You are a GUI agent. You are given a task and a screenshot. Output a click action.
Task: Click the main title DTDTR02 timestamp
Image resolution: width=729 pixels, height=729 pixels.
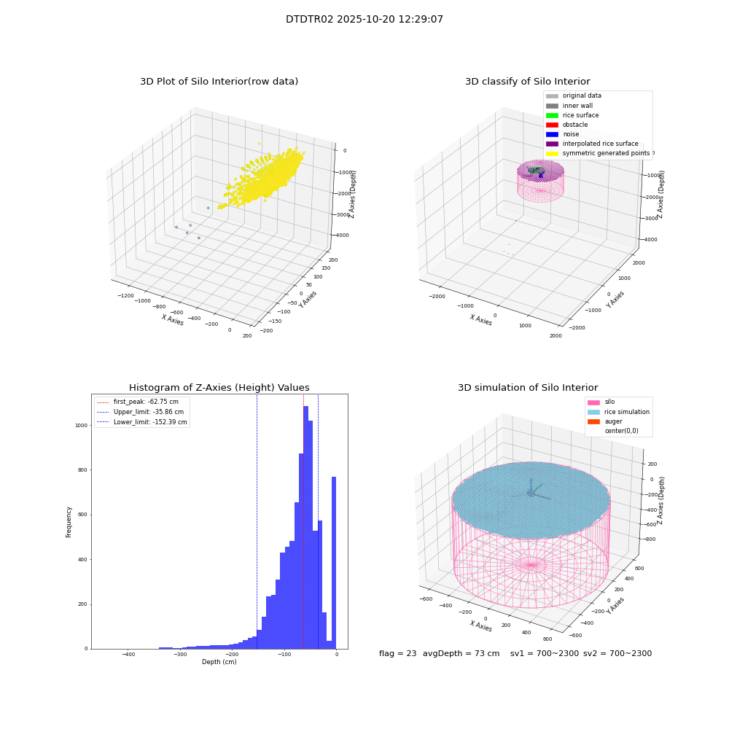364,19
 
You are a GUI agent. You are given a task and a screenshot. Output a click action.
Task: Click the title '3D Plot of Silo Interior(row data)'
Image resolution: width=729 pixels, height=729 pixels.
219,82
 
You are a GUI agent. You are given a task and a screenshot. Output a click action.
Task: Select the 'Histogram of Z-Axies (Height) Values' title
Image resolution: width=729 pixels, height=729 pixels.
219,387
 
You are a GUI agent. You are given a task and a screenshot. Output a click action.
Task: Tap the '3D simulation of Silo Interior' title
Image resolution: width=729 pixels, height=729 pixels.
528,387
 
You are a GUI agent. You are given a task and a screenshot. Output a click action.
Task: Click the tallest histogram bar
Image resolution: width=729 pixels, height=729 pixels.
305,527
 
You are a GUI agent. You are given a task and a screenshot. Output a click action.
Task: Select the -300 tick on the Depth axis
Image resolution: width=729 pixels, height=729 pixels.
180,654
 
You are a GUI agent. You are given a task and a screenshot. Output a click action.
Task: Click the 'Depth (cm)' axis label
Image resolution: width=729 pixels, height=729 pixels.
219,662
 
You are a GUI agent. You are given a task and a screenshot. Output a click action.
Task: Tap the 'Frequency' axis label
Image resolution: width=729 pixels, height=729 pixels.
69,522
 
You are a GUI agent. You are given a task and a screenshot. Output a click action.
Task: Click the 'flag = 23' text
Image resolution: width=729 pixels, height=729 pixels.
397,653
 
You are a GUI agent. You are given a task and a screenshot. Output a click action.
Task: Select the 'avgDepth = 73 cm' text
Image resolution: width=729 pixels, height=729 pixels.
461,653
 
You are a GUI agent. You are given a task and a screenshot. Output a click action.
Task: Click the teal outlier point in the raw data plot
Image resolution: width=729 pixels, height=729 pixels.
208,208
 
